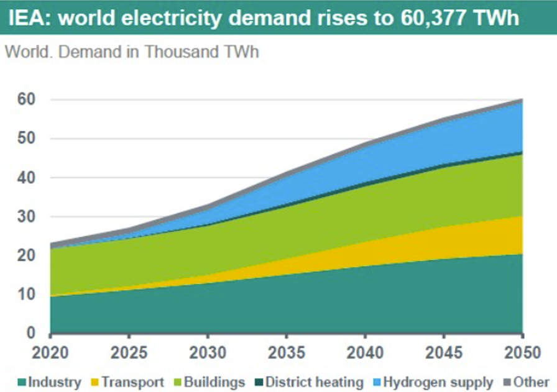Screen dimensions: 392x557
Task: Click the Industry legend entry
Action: tap(53, 382)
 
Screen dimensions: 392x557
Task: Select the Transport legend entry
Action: tap(132, 382)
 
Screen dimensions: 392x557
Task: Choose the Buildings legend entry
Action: tap(214, 382)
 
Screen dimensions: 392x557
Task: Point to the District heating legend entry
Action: tap(314, 382)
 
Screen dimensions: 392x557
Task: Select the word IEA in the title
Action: tap(27, 18)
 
